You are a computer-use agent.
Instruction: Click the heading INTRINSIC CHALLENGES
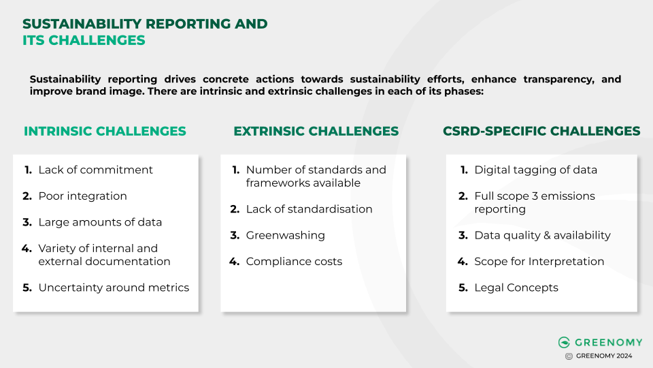point(105,131)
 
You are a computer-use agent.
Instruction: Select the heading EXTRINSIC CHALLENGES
point(316,131)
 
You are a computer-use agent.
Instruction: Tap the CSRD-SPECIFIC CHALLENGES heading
point(541,131)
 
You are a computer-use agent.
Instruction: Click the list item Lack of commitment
point(95,170)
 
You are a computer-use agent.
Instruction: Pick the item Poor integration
point(82,196)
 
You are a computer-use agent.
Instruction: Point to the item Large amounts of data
point(100,222)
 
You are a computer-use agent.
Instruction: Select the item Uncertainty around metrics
point(114,288)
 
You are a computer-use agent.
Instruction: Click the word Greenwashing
point(285,235)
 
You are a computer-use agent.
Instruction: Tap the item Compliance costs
point(294,262)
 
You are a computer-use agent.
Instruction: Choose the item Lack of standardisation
point(309,209)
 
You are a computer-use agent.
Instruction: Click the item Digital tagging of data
point(535,170)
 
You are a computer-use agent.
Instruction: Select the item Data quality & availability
point(542,235)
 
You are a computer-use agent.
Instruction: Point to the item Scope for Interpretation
point(539,262)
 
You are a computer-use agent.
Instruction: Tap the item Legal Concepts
point(516,288)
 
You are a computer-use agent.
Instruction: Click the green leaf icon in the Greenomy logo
point(564,342)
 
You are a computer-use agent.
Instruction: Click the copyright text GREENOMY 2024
point(604,356)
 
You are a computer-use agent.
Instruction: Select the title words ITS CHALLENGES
point(84,40)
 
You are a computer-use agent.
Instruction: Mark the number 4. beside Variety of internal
point(27,249)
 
